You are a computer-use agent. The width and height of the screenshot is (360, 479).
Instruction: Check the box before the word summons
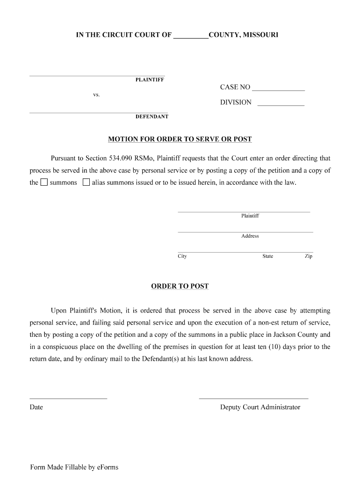pos(44,182)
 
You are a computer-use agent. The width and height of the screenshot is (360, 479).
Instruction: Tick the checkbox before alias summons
pos(86,182)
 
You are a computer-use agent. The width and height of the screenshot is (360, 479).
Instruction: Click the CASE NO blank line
pos(278,88)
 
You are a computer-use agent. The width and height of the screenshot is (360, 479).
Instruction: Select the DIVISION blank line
pos(281,103)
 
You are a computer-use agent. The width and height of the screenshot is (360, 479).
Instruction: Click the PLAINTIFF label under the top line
pos(150,80)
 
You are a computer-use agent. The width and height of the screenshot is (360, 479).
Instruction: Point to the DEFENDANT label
pos(152,116)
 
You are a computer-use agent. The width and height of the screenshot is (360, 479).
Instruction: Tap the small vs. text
pos(96,95)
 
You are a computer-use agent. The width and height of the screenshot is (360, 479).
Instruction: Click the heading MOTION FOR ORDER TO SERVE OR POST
pos(180,139)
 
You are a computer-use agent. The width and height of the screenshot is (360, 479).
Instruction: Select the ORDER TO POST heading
pos(180,286)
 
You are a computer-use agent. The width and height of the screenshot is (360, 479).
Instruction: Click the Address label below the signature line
pos(250,236)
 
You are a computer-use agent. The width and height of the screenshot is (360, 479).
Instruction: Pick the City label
pos(182,256)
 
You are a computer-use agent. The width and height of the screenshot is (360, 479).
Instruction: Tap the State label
pos(267,256)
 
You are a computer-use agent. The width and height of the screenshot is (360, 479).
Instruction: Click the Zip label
pos(309,256)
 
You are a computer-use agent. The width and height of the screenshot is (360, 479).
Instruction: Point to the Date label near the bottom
pos(36,407)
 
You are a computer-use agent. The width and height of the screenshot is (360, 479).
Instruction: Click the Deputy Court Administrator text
pos(260,407)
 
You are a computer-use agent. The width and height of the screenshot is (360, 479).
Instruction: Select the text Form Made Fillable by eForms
pos(74,467)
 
